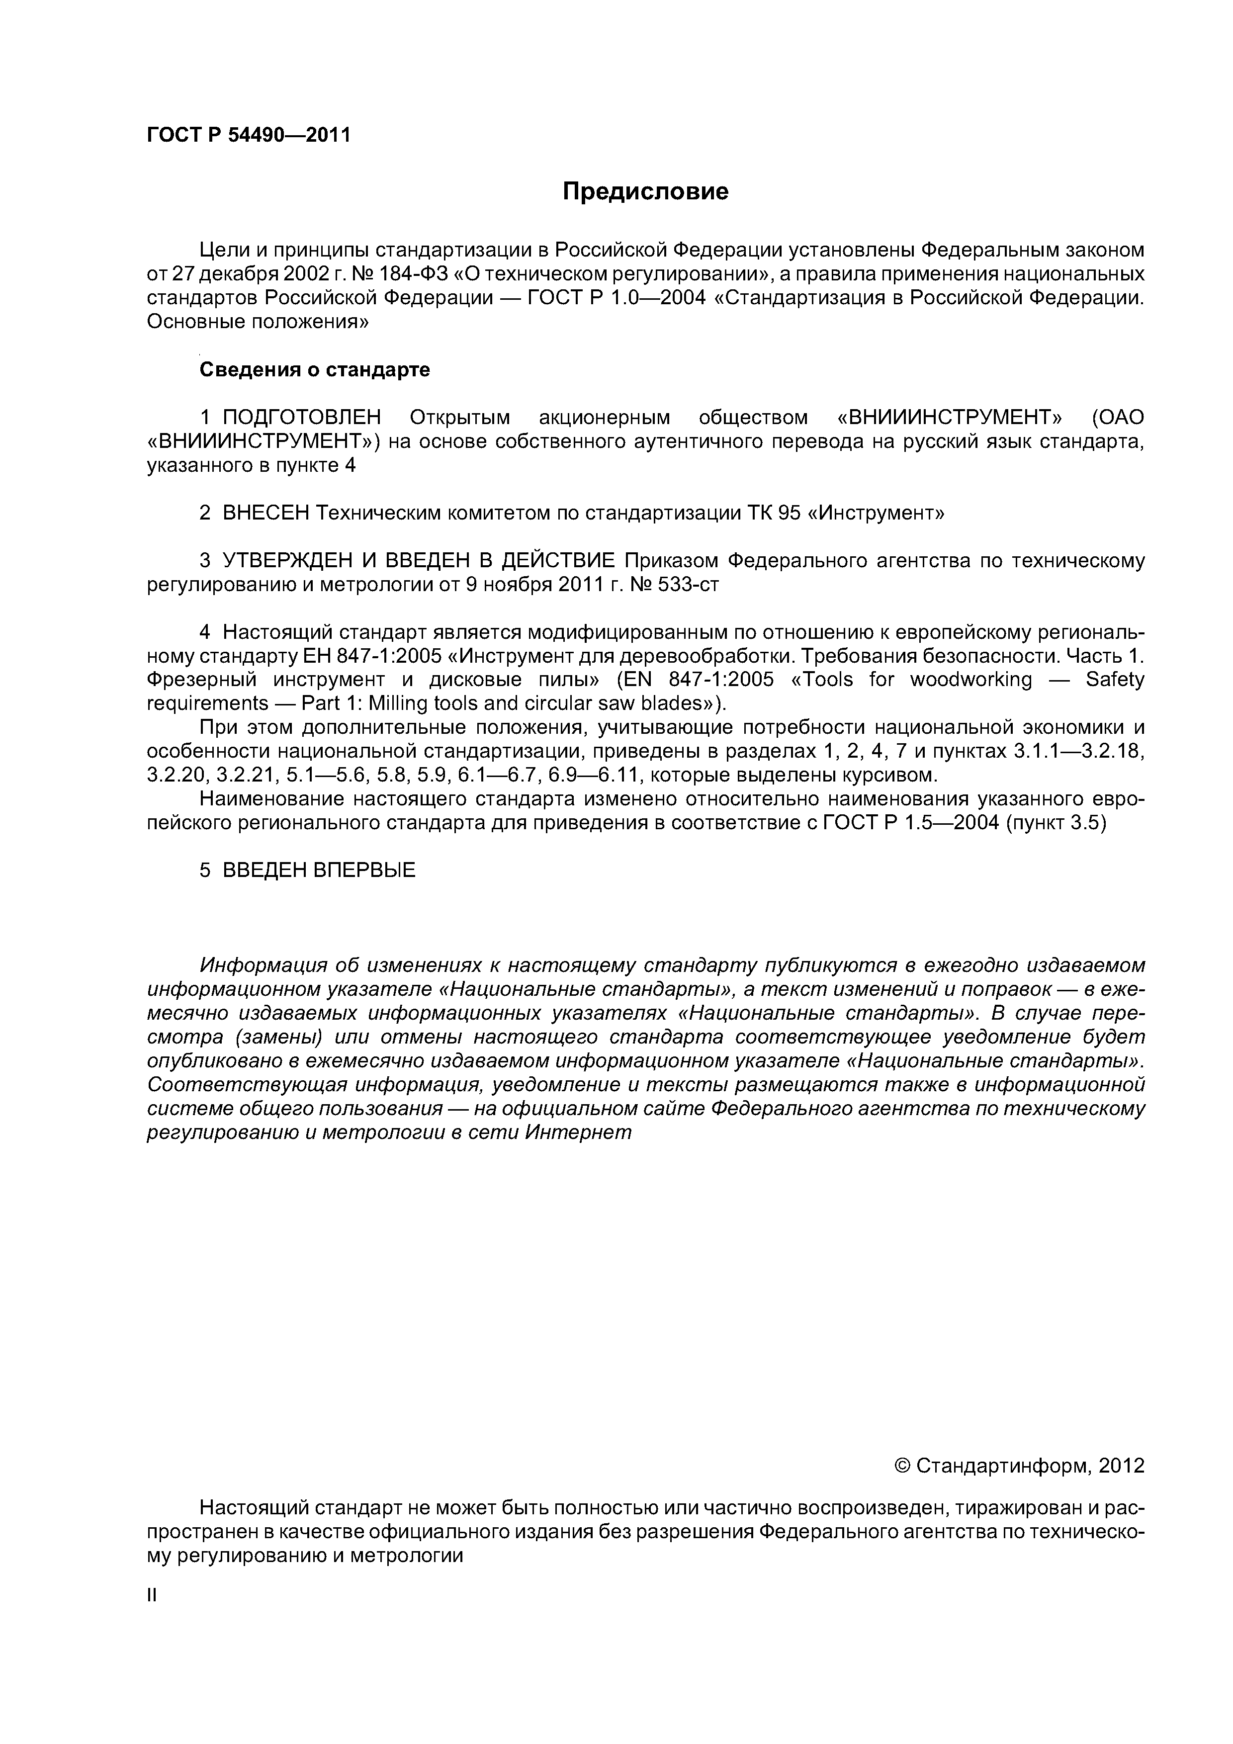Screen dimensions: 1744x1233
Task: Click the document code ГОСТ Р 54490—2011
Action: [x=249, y=136]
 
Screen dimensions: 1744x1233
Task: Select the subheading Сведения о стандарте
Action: [x=315, y=370]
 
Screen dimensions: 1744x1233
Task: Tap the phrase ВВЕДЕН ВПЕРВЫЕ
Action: [x=319, y=870]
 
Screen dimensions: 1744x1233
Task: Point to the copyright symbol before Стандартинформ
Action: [x=902, y=1466]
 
